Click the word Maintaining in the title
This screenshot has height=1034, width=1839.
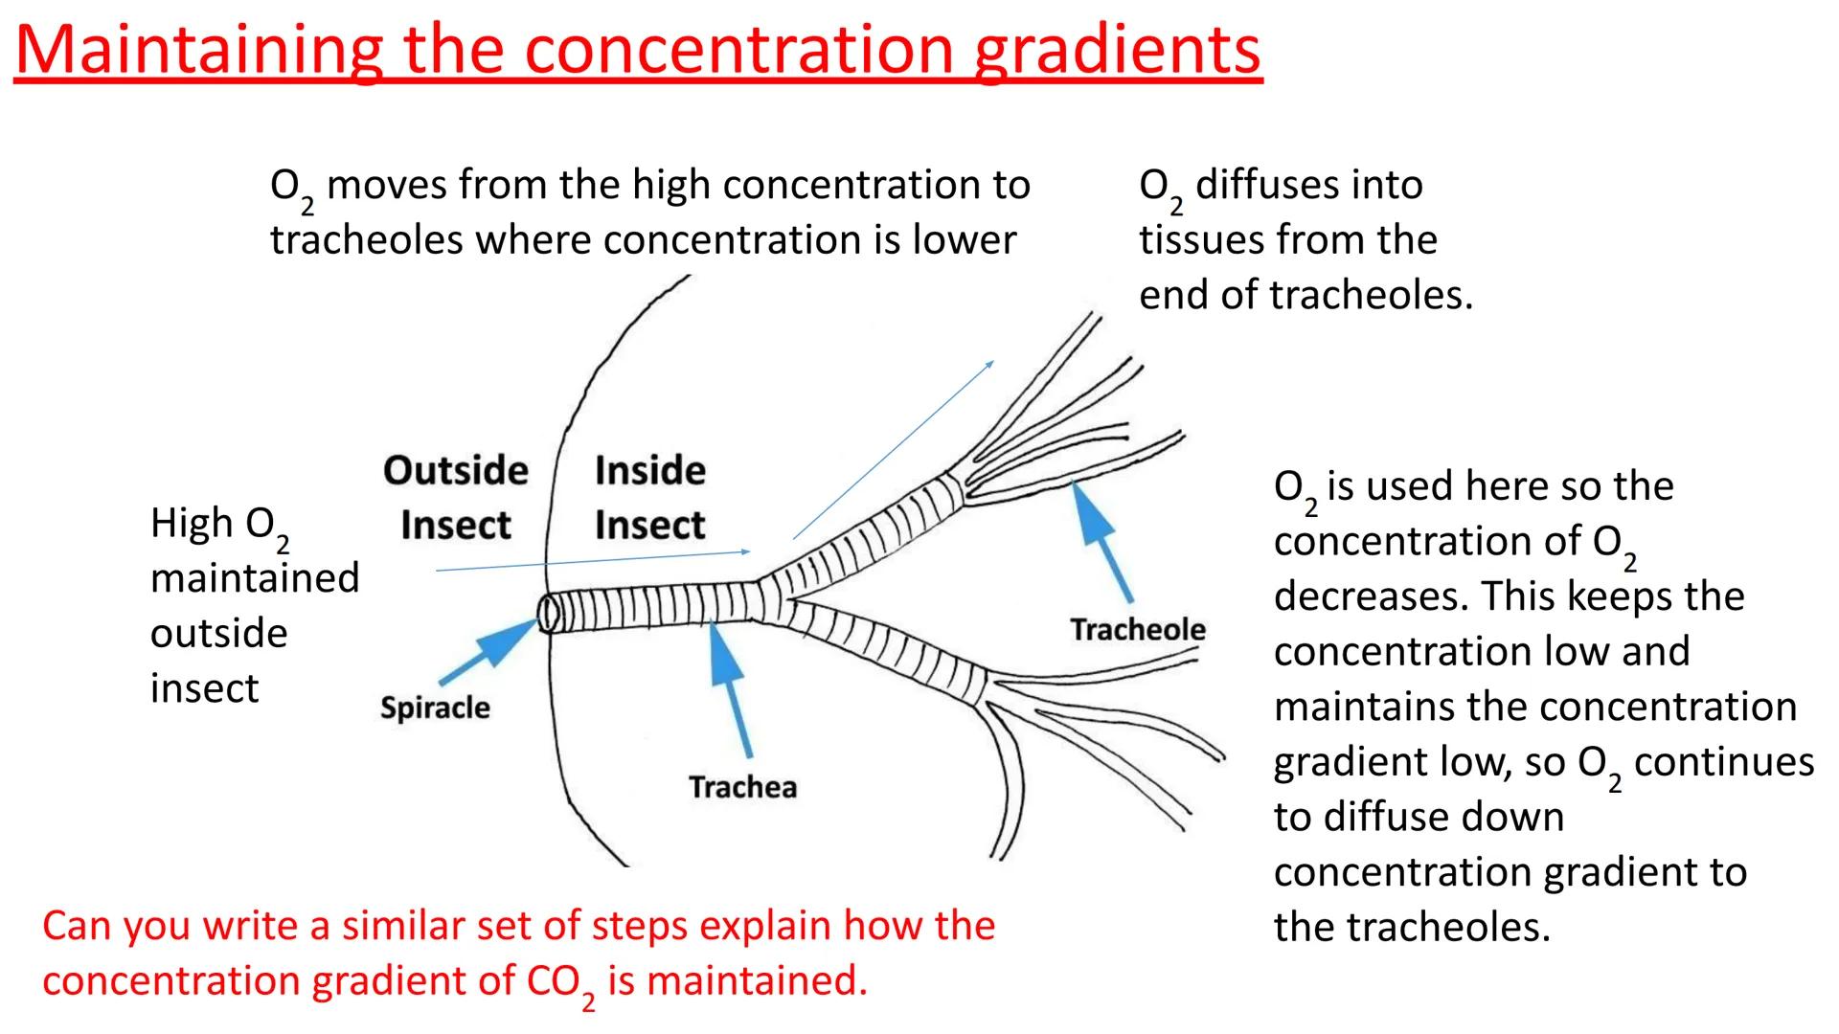click(197, 50)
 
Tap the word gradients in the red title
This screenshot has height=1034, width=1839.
click(1117, 50)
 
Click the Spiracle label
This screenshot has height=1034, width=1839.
click(435, 708)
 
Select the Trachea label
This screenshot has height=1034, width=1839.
click(742, 787)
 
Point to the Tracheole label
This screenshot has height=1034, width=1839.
click(1137, 629)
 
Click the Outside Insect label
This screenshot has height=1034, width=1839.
click(456, 497)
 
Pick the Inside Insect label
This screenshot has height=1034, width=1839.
click(649, 497)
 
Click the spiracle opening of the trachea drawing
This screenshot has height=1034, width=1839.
click(548, 613)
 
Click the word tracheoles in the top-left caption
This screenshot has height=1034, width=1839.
click(366, 240)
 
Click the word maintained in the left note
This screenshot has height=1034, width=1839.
click(255, 578)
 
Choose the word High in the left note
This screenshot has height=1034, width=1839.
click(192, 524)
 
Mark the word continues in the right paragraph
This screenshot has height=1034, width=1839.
click(1724, 762)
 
